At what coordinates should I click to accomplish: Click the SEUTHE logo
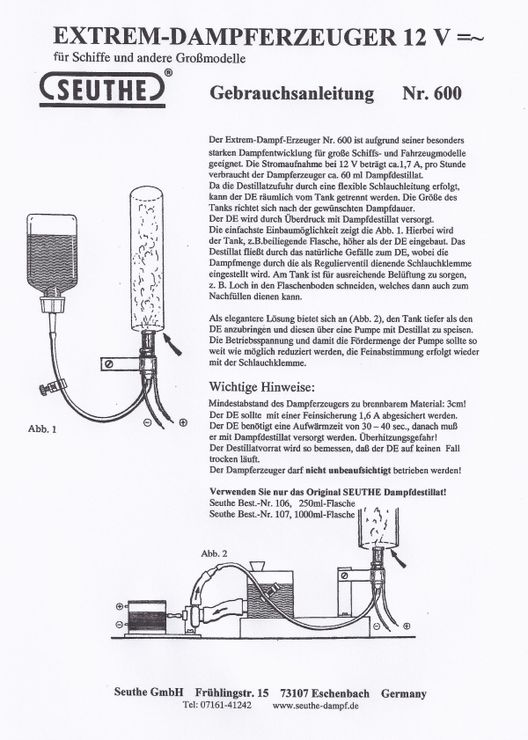pos(102,89)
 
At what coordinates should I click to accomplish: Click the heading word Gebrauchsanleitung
pos(291,93)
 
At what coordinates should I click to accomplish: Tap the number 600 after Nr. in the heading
pos(445,92)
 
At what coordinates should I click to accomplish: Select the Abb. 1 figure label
pos(42,429)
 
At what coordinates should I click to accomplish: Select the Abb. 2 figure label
pos(214,553)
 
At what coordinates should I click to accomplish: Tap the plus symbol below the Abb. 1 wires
pos(183,422)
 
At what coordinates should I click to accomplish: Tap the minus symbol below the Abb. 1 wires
pos(147,423)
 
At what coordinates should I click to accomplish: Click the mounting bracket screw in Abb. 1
pos(109,365)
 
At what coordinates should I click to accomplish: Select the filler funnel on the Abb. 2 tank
pos(257,567)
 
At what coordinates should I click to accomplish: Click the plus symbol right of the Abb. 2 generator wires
pos(407,626)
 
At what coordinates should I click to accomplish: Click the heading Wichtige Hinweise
pos(262,387)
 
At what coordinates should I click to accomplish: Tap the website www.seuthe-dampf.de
pos(316,706)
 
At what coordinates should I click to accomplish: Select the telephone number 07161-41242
pos(224,705)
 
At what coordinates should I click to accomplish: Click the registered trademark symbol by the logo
pos(168,72)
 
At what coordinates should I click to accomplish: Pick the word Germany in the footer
pos(404,693)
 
